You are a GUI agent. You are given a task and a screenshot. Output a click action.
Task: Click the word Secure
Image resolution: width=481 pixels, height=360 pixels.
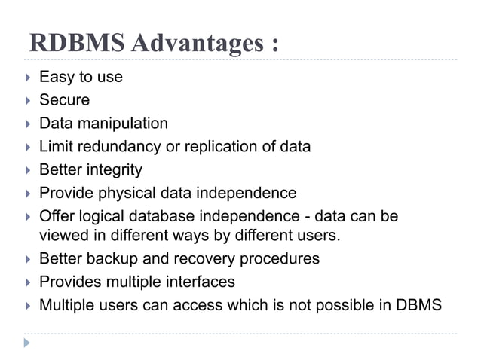[x=64, y=99]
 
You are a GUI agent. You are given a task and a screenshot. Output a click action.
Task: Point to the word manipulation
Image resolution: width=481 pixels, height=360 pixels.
[x=122, y=124]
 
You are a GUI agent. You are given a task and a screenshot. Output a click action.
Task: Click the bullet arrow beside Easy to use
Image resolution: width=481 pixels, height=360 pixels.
[x=27, y=77]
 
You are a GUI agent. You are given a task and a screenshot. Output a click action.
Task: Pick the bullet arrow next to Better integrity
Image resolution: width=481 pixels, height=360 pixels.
[x=27, y=170]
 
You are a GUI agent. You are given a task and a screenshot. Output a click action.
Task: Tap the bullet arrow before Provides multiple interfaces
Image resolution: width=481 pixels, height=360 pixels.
[x=27, y=282]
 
